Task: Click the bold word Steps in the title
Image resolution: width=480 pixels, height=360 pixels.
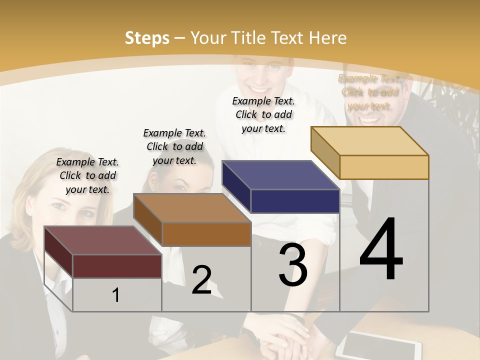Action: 147,38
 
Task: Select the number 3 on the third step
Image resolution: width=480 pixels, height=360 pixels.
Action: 292,264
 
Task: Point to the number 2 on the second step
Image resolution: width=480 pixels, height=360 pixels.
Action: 201,279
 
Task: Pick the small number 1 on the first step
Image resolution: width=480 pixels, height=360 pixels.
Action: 116,295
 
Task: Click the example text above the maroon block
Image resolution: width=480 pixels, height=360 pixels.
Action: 87,175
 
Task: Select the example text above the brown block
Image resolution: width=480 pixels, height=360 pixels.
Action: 174,146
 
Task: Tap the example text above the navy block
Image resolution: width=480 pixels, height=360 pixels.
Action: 263,114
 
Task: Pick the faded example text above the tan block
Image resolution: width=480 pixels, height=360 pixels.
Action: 369,92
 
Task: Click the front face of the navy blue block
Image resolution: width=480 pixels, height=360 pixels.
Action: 295,201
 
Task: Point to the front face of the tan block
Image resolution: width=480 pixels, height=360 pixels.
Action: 384,167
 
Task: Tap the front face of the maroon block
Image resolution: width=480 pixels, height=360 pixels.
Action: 117,266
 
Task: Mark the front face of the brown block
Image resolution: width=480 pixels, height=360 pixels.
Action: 206,234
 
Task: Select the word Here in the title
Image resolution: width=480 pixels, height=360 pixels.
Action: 327,38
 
